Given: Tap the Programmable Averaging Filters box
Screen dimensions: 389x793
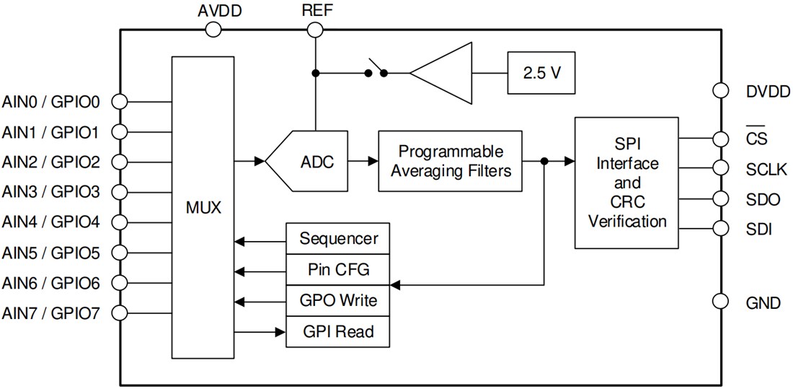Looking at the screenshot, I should (451, 162).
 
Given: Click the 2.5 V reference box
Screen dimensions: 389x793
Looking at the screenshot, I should (541, 73).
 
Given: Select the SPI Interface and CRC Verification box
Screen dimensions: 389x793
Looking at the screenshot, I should (626, 182).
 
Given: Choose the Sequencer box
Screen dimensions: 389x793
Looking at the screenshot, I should (338, 239).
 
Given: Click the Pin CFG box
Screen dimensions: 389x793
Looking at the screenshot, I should (338, 269).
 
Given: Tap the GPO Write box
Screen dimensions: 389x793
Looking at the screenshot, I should (338, 300).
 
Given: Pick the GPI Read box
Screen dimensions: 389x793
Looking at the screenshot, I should (338, 332).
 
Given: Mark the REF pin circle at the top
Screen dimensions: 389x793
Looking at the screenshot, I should (314, 29).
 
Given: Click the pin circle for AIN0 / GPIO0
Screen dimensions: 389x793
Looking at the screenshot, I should (120, 102).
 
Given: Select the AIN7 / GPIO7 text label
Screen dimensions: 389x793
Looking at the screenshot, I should (52, 313).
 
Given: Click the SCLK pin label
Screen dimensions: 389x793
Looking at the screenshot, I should (766, 168).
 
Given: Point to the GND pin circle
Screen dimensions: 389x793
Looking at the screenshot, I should (720, 302).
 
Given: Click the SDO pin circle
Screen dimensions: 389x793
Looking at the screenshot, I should (720, 198).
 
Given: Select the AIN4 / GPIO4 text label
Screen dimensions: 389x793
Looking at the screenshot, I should (52, 222).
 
